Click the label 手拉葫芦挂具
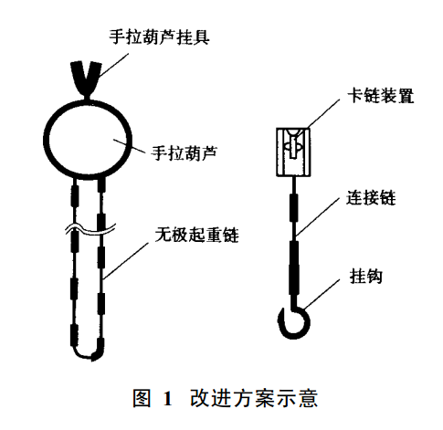coord(160,37)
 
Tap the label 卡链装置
coord(381,96)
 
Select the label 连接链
coord(371,198)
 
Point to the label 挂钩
coord(365,277)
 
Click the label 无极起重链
coord(197,235)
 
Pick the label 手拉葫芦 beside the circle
coord(185,152)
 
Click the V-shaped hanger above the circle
coord(86,79)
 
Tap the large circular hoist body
coord(45,139)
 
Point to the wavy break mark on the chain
coord(91,230)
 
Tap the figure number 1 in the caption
coord(168,398)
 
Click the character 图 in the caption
coord(142,398)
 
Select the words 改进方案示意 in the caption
coord(254,398)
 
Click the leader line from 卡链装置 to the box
coord(323,113)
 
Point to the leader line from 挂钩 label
coord(322,294)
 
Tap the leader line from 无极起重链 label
coord(126,261)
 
